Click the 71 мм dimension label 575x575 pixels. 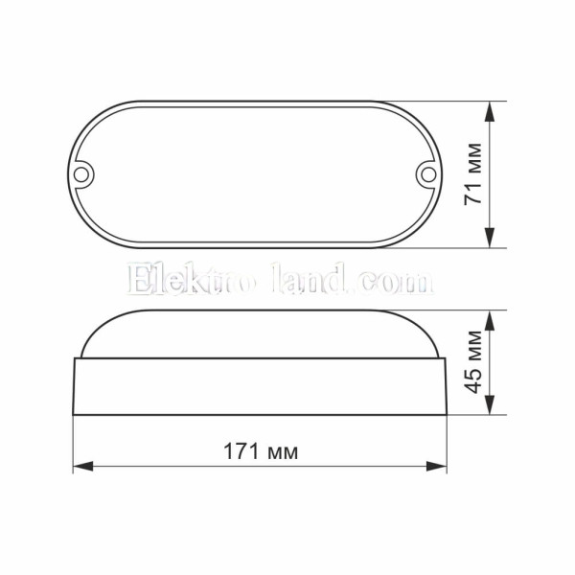(x=472, y=174)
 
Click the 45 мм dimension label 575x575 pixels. (x=472, y=362)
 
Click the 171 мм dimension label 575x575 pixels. (x=261, y=451)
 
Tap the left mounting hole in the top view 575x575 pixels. (x=81, y=174)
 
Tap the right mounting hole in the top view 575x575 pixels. (x=428, y=174)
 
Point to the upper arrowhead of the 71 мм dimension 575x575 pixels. (x=490, y=111)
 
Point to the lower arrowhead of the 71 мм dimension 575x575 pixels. (x=490, y=238)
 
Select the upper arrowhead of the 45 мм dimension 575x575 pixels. (x=490, y=320)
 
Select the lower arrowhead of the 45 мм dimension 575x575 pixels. (x=490, y=404)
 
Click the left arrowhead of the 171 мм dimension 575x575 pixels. (x=83, y=467)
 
